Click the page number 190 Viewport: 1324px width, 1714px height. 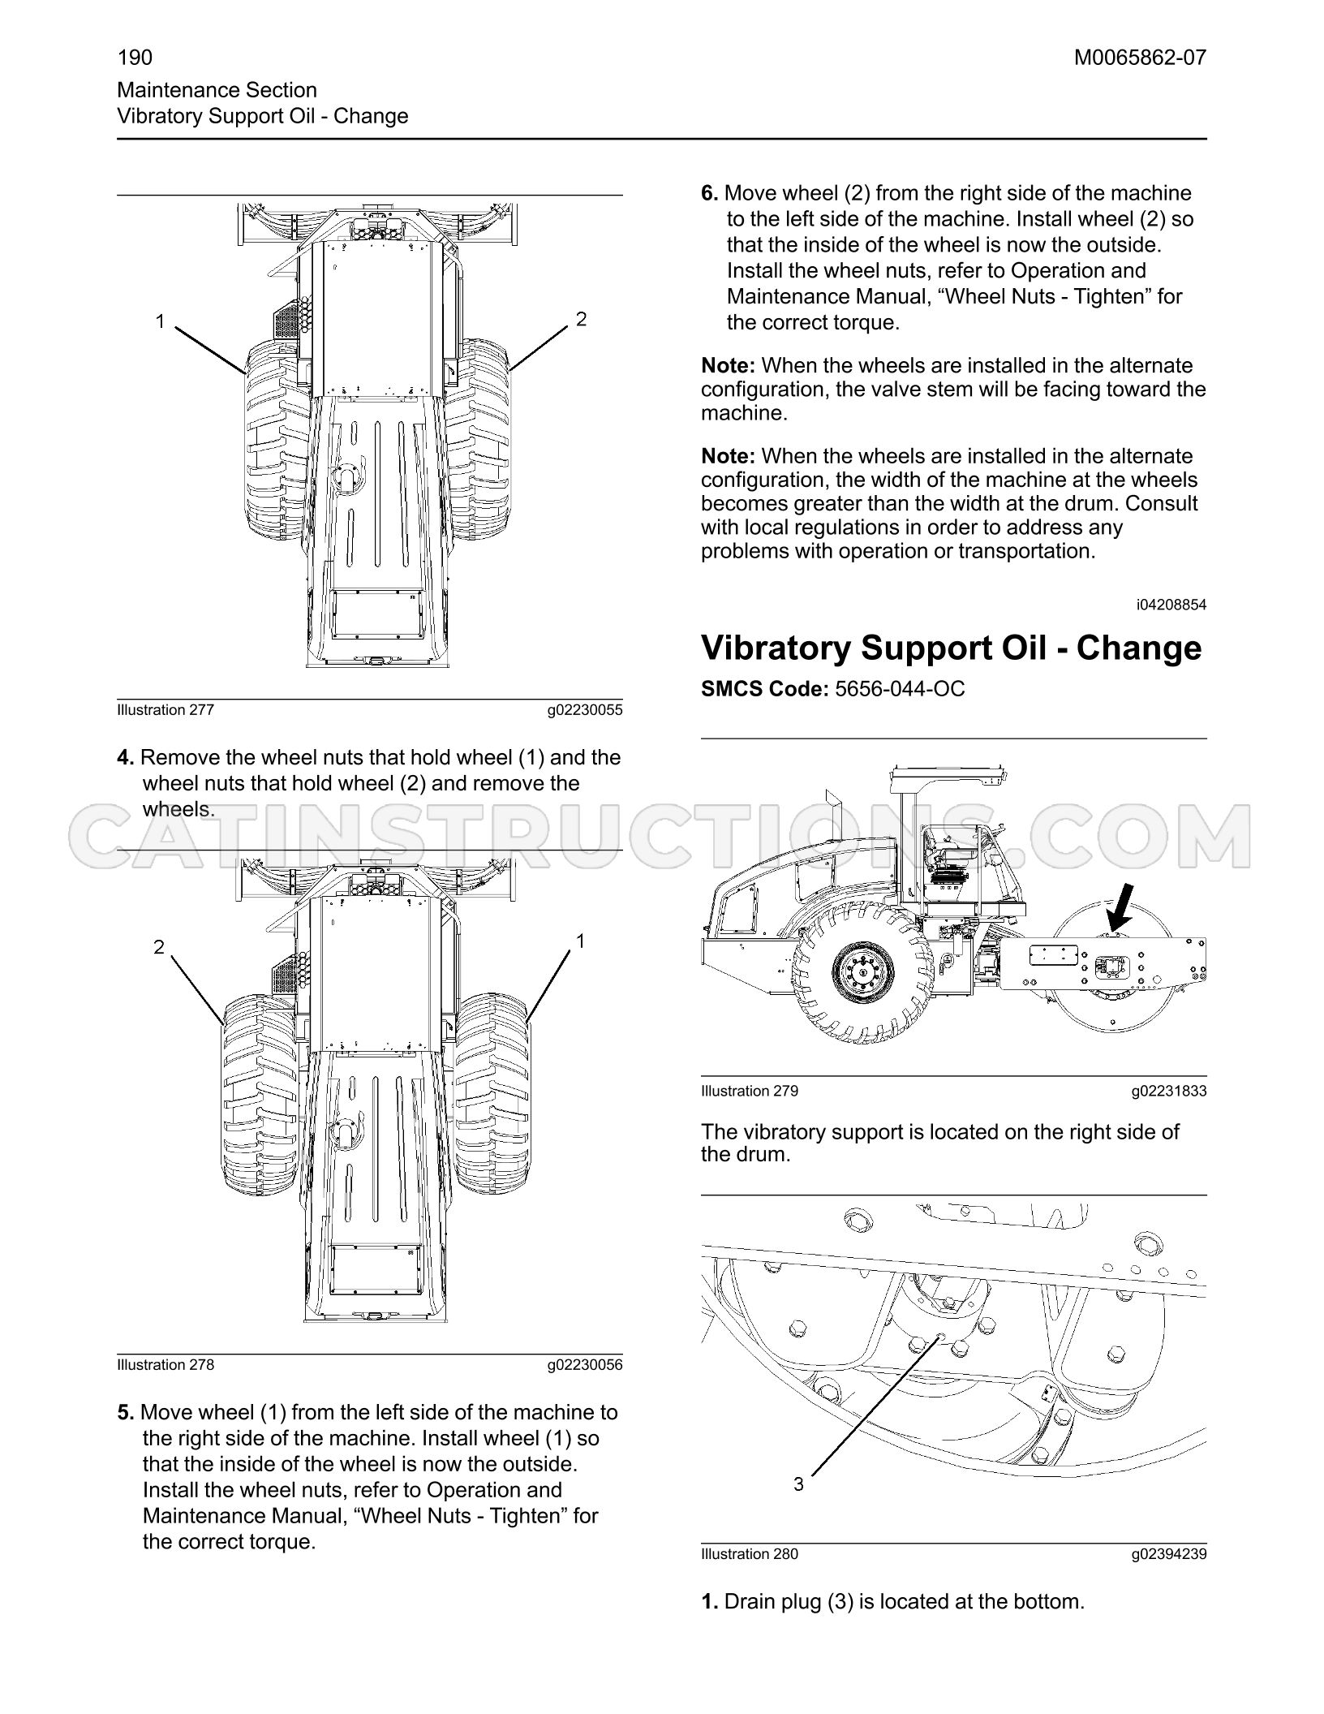coord(135,58)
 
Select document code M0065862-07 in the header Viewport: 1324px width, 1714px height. coord(1140,58)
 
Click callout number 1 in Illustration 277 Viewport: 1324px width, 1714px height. coord(161,322)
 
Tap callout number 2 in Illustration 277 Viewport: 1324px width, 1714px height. coord(581,320)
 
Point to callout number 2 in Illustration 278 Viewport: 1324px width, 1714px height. coord(159,946)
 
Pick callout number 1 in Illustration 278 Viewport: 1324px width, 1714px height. coord(581,941)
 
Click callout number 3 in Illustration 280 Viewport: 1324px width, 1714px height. coord(798,1484)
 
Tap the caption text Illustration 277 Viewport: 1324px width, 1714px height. coord(165,710)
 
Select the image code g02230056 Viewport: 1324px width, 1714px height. coord(585,1365)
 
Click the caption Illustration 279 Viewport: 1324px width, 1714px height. coord(750,1092)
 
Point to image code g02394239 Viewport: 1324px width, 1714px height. coord(1169,1554)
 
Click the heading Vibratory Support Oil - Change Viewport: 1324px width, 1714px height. coord(952,648)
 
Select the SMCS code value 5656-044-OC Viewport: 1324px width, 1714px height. coord(900,689)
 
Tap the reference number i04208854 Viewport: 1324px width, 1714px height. coord(1171,605)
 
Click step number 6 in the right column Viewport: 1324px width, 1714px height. coord(710,194)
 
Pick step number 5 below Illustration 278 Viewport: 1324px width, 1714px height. coord(126,1413)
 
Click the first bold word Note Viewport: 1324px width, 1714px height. coord(729,366)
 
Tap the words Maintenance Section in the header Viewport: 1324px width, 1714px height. coord(217,90)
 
